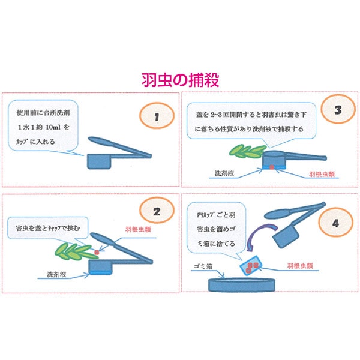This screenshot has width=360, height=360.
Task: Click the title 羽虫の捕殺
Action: pyautogui.click(x=180, y=80)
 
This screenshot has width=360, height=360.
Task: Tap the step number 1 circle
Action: pyautogui.click(x=157, y=115)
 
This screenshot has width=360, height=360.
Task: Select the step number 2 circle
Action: pyautogui.click(x=157, y=211)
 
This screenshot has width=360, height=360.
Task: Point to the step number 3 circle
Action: pyautogui.click(x=338, y=109)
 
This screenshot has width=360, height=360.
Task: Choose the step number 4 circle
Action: pyautogui.click(x=335, y=222)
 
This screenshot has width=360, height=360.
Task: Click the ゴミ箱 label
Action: pyautogui.click(x=203, y=266)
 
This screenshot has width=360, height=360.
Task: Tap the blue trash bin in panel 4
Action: pyautogui.click(x=242, y=284)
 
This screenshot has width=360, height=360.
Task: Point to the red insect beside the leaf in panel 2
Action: pyautogui.click(x=97, y=253)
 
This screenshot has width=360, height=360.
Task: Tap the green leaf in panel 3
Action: pyautogui.click(x=248, y=151)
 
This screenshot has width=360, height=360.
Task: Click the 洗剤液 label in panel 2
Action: pyautogui.click(x=57, y=274)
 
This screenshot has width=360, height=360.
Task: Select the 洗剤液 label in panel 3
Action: pyautogui.click(x=224, y=173)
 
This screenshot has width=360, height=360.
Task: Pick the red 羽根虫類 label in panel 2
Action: pyautogui.click(x=138, y=229)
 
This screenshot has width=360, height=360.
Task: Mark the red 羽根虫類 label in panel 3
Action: pyautogui.click(x=322, y=174)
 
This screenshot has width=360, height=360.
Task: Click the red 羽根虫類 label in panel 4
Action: pyautogui.click(x=300, y=266)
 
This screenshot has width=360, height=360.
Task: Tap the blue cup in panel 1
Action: pyautogui.click(x=99, y=161)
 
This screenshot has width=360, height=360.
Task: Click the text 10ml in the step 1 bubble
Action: pyautogui.click(x=53, y=127)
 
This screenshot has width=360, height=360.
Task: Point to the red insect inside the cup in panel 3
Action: pyautogui.click(x=272, y=167)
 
